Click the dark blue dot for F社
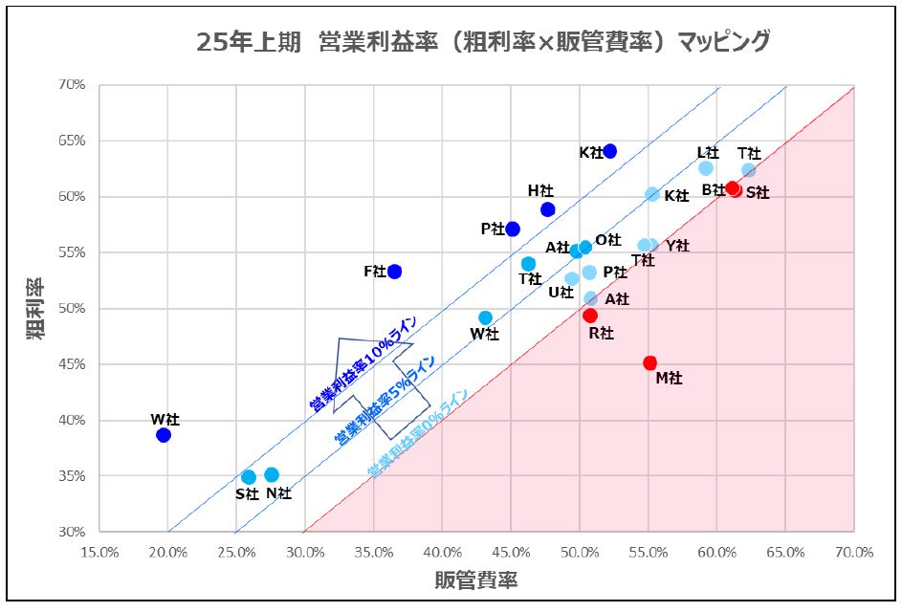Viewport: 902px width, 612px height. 394,272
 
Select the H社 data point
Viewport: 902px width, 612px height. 548,209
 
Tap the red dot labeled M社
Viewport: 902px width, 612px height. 650,362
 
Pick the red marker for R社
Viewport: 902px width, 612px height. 590,316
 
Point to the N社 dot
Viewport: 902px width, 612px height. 272,474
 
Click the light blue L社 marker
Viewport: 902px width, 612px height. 706,168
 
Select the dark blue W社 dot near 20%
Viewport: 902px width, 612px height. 164,435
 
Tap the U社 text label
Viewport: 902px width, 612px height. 561,292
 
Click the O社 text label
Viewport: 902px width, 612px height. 608,240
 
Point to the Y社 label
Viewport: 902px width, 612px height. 677,246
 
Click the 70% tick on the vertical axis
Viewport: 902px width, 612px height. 73,84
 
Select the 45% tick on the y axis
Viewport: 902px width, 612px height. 73,364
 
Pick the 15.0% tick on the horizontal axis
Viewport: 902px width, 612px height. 99,552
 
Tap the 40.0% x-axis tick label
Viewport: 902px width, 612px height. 442,552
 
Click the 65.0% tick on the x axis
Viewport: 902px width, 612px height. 785,552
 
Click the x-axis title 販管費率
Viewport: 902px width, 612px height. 476,579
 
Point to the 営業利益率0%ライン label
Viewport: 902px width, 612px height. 418,432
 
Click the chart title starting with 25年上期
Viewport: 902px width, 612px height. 482,41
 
